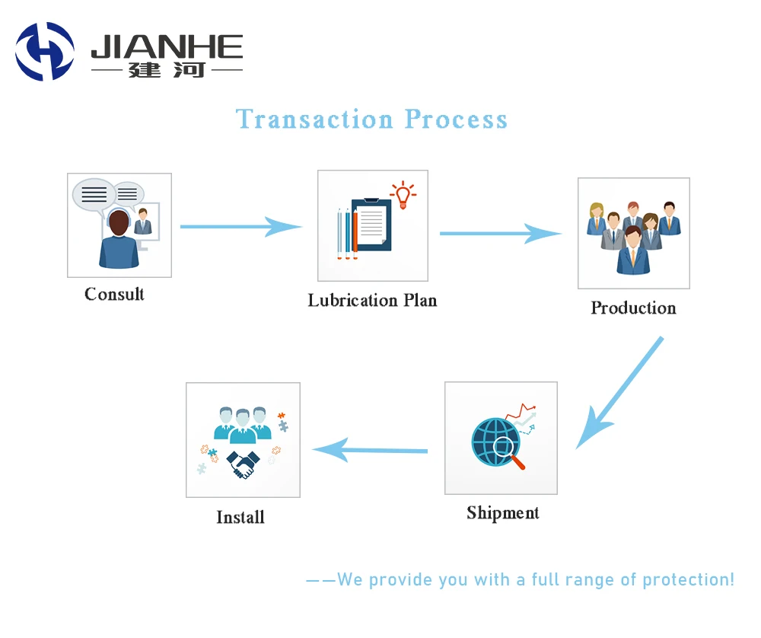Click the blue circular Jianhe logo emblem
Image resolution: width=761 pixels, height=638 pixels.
click(45, 52)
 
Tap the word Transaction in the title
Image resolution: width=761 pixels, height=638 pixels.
click(314, 120)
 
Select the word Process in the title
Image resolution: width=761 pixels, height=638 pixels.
click(456, 120)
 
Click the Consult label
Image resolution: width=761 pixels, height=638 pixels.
click(114, 294)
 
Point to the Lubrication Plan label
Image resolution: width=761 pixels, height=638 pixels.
click(372, 300)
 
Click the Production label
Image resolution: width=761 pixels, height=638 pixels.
click(633, 308)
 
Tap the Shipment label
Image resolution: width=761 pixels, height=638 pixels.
click(502, 512)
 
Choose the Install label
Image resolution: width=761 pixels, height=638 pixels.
click(240, 517)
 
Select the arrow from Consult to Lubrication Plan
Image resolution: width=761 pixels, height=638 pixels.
click(240, 226)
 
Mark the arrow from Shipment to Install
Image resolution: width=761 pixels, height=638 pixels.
click(370, 450)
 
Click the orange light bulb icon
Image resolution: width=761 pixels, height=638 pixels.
click(402, 194)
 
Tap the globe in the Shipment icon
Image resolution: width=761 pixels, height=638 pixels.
click(494, 441)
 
